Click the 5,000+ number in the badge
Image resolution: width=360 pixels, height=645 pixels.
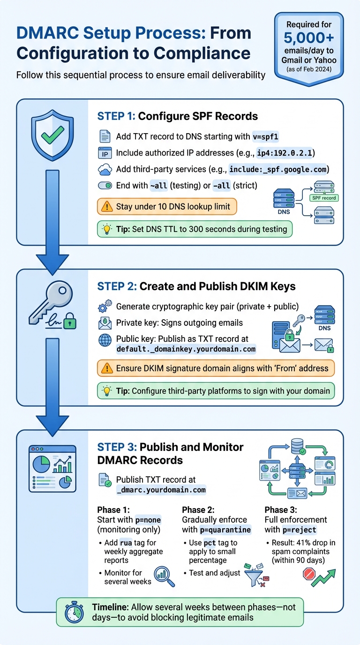309,37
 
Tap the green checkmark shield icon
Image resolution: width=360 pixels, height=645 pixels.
52,136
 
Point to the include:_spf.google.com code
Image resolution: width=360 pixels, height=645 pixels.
279,169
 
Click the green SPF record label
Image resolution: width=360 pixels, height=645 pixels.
323,198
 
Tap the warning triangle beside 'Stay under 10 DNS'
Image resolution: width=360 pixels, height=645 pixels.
107,206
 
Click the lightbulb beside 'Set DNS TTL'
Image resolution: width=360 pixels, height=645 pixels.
107,230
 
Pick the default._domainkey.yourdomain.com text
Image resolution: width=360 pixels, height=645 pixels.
186,349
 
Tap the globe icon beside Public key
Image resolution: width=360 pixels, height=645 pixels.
105,340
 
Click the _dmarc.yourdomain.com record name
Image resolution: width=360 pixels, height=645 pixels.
161,490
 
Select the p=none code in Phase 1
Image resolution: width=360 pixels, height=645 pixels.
148,520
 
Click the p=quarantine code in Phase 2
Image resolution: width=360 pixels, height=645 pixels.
225,530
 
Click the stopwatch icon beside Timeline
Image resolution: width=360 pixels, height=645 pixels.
74,612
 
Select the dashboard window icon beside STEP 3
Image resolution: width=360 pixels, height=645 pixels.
52,468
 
